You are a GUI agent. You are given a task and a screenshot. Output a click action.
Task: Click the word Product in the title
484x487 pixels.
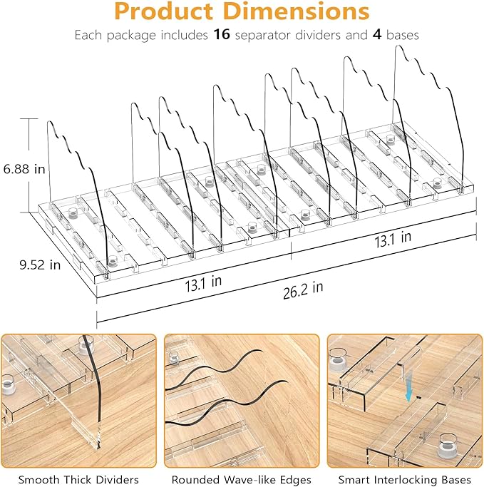(x=164, y=11)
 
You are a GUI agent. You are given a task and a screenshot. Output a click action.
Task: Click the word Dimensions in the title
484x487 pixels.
(x=297, y=11)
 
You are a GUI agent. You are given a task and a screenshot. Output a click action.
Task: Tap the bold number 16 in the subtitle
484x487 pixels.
(x=222, y=34)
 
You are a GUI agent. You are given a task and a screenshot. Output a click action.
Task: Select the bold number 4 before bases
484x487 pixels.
(x=377, y=34)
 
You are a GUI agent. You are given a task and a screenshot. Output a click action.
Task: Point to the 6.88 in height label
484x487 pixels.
(x=24, y=169)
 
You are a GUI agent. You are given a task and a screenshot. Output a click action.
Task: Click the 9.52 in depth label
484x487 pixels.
(x=40, y=265)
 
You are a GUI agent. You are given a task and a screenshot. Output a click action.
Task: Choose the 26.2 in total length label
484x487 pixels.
(x=303, y=289)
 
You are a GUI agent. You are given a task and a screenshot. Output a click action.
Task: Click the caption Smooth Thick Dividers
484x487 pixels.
(x=78, y=480)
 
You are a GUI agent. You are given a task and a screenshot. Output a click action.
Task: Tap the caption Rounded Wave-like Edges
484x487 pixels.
(x=242, y=480)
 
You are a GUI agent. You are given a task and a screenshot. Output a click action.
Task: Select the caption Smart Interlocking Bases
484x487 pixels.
(x=405, y=480)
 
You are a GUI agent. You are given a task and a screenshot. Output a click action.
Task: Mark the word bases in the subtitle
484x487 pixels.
(x=402, y=35)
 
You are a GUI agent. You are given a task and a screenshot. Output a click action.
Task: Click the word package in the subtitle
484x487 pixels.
(x=131, y=36)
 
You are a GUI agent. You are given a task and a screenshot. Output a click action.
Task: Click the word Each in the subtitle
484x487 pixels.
(x=89, y=35)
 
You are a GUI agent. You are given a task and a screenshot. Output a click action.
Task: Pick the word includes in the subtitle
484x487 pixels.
(x=185, y=35)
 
